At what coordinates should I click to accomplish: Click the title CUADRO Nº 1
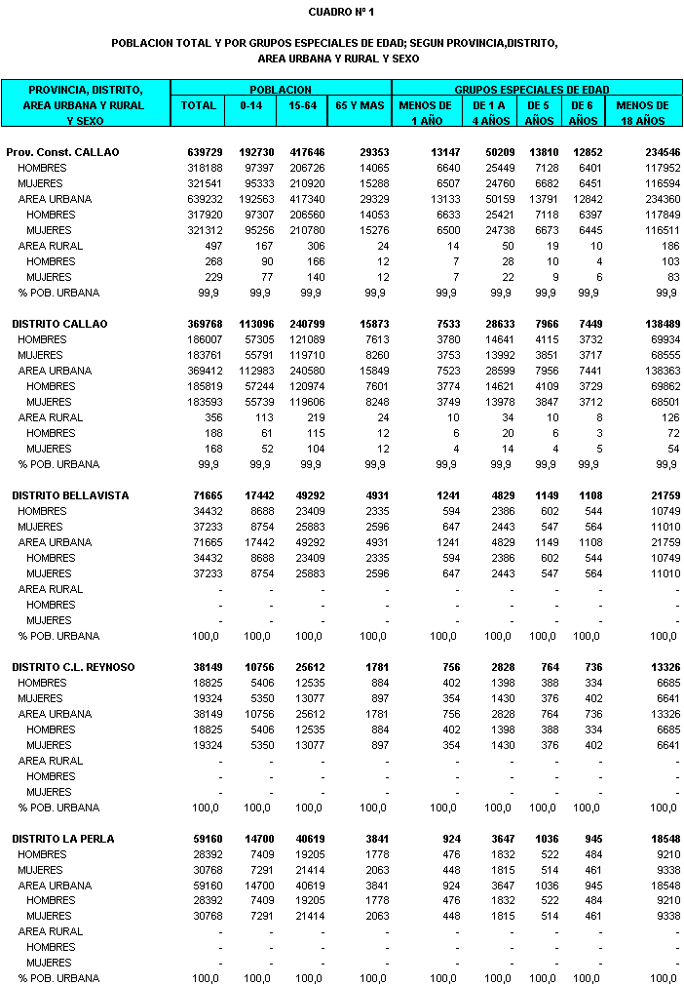point(341,12)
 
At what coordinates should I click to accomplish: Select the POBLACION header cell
point(281,89)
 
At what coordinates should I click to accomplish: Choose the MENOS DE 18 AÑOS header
point(642,113)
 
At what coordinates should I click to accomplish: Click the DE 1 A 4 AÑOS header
point(490,113)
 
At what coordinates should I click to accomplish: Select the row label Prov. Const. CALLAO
point(62,153)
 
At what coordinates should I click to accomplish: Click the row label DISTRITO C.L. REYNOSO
point(73,667)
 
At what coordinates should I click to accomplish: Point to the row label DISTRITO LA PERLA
point(63,839)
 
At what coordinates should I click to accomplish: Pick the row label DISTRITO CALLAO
point(59,324)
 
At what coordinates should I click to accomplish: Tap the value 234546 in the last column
point(659,153)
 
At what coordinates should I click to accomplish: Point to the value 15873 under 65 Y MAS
point(369,324)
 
